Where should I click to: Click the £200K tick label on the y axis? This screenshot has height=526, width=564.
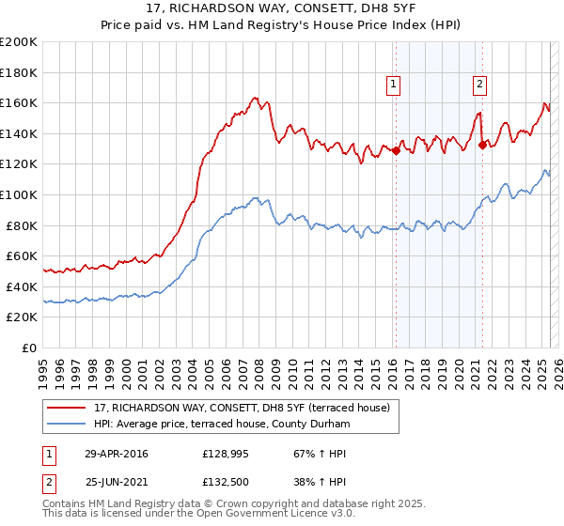[19, 41]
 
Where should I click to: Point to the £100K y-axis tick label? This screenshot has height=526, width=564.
[19, 194]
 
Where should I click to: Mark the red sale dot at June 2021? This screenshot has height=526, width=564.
[482, 145]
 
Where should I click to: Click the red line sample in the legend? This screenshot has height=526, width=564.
[68, 407]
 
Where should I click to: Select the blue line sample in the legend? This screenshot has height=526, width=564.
[68, 425]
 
